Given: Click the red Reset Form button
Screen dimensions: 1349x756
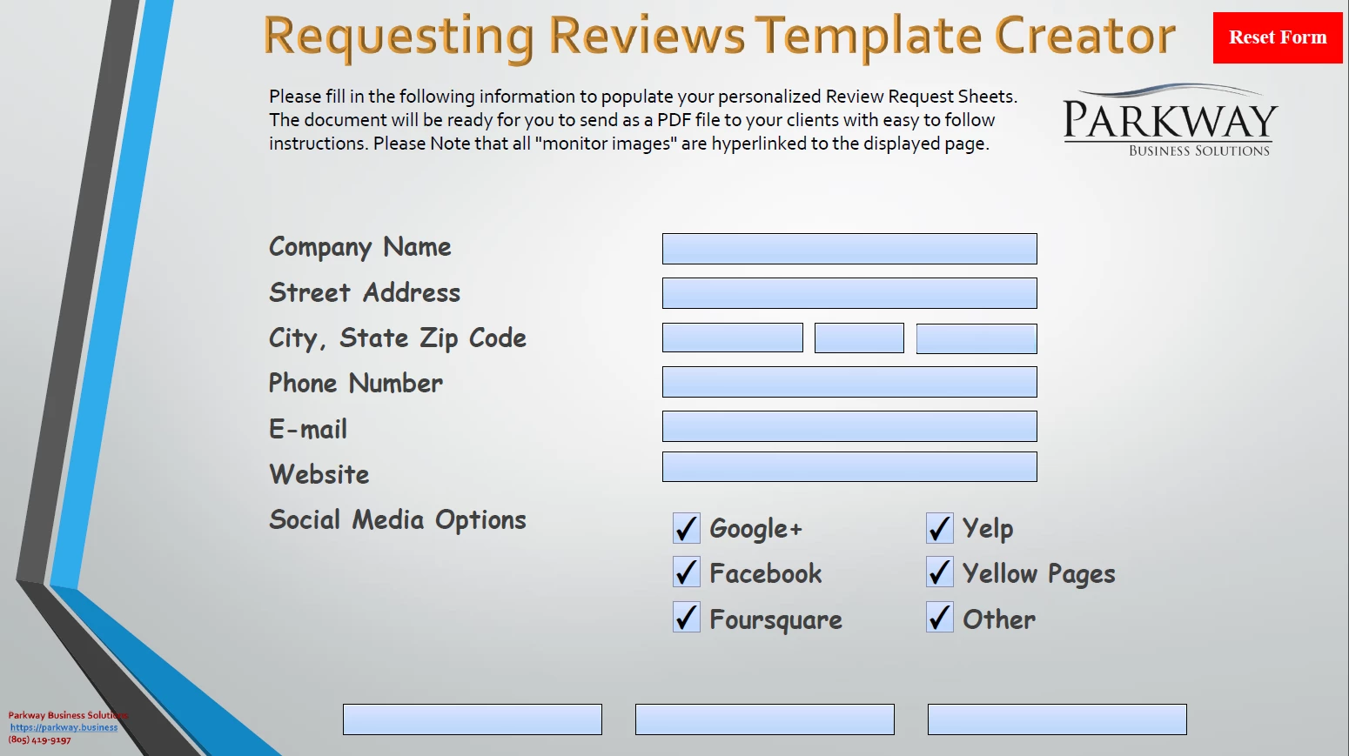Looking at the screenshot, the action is [x=1278, y=37].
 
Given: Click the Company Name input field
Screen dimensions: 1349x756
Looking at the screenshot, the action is [x=849, y=249].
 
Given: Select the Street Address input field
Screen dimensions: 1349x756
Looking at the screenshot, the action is [x=849, y=293].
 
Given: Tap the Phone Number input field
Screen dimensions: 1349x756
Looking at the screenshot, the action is [x=849, y=382].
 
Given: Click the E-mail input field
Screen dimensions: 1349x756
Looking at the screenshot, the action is [x=849, y=426].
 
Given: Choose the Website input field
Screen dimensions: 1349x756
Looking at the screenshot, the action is [x=849, y=466].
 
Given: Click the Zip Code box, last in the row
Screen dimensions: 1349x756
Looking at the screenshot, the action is [x=977, y=338].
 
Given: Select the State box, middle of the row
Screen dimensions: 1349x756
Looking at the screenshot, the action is [x=859, y=338].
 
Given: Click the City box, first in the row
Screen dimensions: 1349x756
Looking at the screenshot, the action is [x=732, y=338].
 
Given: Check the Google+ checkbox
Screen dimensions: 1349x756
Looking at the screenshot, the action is [x=687, y=528].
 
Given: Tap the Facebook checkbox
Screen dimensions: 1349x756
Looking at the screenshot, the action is [x=687, y=572].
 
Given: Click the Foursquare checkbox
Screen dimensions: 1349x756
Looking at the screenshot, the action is [x=687, y=618].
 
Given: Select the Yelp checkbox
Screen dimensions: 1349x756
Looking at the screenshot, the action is [x=939, y=528].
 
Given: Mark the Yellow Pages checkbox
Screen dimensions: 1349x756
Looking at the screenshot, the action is [x=939, y=572].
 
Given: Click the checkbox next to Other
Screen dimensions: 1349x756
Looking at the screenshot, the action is [x=939, y=618].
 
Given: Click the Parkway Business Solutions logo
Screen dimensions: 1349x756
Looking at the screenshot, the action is [x=1170, y=120].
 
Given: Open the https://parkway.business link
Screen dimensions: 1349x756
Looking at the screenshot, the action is [x=64, y=727].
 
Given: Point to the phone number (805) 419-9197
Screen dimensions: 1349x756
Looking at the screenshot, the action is [x=39, y=739].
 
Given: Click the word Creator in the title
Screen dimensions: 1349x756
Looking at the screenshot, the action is [x=1084, y=37].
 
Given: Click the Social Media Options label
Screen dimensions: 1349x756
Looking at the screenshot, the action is [x=398, y=520].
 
